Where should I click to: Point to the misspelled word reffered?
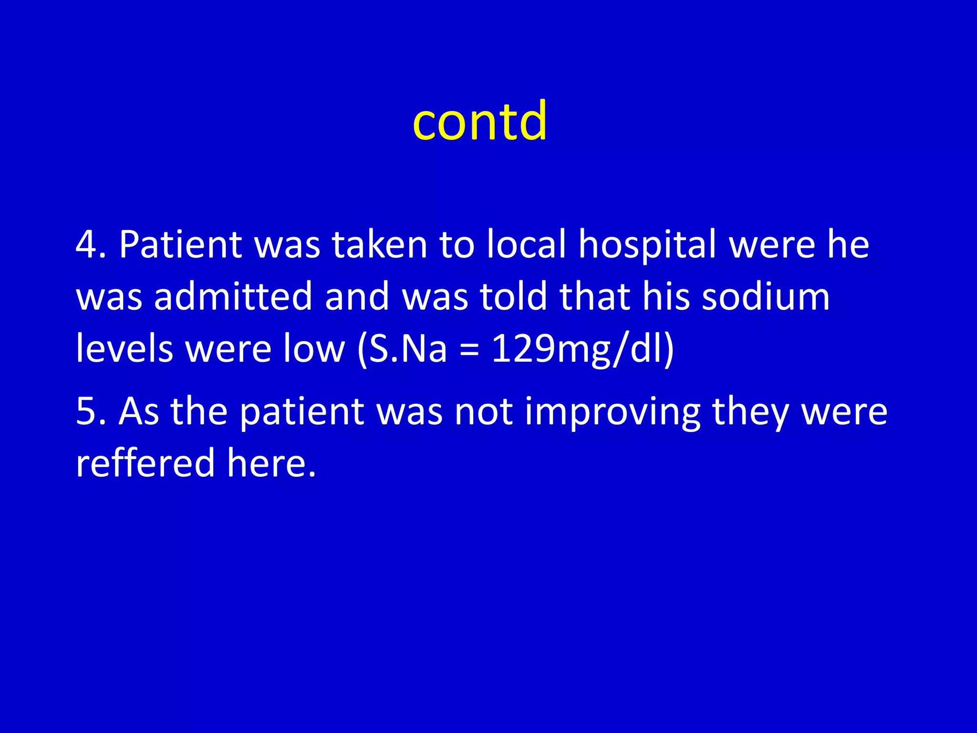coord(145,463)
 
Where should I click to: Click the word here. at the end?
coord(271,463)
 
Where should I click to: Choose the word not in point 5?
coord(483,411)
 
